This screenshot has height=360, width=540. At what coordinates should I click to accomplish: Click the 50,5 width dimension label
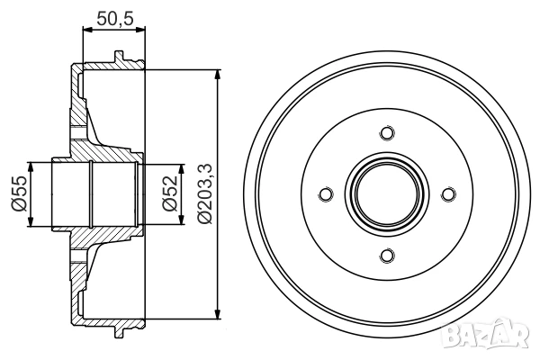(x=114, y=18)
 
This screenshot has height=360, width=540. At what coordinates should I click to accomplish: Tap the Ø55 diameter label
(x=19, y=194)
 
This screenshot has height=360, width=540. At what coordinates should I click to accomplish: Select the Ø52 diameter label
(x=170, y=194)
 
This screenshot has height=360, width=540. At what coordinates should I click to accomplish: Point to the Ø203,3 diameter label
(x=204, y=194)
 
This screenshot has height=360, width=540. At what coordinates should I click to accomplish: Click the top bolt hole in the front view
(x=387, y=132)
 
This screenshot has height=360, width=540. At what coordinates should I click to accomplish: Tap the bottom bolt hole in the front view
(x=387, y=256)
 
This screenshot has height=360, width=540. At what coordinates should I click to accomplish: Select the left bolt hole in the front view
(x=326, y=194)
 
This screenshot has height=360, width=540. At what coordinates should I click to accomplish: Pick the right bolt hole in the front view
(x=448, y=194)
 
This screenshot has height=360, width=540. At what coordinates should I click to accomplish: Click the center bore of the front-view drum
(x=387, y=194)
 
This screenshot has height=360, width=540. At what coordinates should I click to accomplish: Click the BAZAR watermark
(x=485, y=334)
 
